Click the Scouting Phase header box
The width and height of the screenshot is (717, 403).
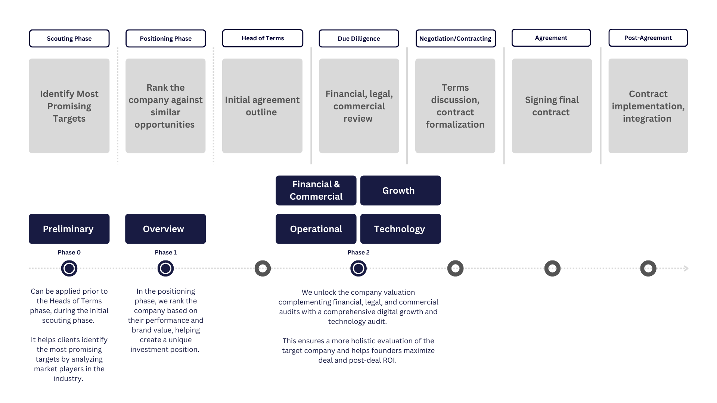tap(69, 38)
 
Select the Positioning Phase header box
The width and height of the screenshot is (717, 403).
tap(165, 38)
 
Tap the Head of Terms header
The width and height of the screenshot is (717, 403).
tap(263, 38)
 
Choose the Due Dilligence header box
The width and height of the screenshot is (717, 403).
tap(359, 38)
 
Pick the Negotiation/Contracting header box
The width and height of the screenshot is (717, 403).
tap(456, 38)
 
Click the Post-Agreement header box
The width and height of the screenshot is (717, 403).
tap(648, 38)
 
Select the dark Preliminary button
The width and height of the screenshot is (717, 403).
tap(69, 229)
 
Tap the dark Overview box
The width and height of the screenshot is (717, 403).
tap(165, 229)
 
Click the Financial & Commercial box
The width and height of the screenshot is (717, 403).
tap(316, 190)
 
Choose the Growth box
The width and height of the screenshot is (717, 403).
tap(401, 190)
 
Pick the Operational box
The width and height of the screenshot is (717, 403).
tap(316, 229)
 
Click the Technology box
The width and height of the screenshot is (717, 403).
tap(401, 229)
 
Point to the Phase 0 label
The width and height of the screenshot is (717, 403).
tap(69, 252)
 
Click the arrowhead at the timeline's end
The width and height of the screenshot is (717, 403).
tap(686, 268)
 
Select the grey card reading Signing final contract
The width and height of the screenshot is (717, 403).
tap(552, 106)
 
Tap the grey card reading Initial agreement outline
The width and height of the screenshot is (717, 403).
tap(262, 106)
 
